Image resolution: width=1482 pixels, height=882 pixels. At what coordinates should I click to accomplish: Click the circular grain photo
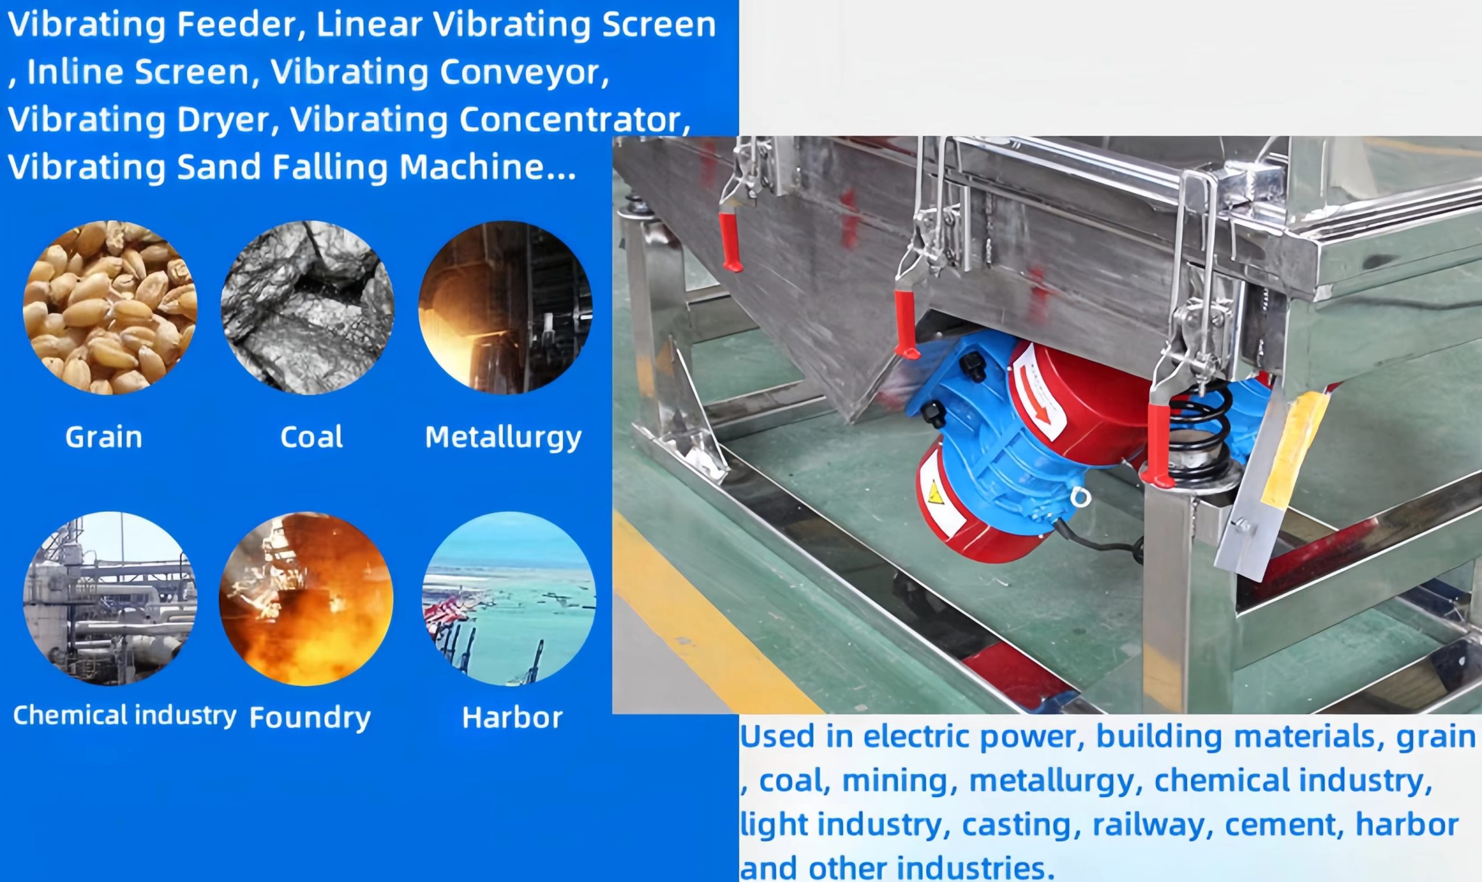click(110, 307)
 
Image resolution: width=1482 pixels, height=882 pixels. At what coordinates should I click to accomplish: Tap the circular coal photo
click(307, 307)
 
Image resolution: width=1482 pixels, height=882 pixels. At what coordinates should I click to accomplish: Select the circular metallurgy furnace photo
click(505, 307)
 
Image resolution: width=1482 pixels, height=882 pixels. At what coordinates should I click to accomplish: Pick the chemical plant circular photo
click(110, 598)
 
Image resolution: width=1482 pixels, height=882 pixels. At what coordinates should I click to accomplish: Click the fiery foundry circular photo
click(306, 598)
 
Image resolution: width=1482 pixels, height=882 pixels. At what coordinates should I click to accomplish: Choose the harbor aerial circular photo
click(509, 598)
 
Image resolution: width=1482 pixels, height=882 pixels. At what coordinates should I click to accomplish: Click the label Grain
click(104, 438)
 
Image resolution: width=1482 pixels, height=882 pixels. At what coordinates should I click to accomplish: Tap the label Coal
click(311, 438)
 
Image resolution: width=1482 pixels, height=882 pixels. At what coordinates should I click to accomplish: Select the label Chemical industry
click(125, 715)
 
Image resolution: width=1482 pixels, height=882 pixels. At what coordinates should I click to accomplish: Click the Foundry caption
click(310, 718)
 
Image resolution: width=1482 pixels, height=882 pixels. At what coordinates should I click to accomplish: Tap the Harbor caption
click(512, 718)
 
